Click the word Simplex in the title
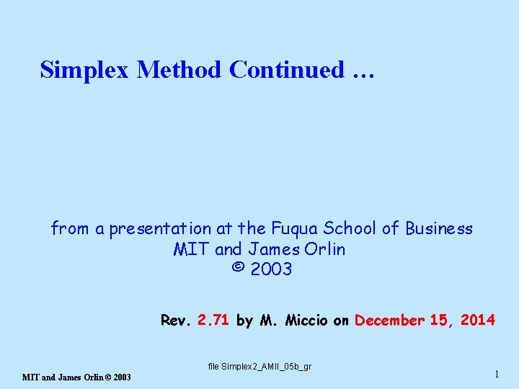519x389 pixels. pyautogui.click(x=85, y=70)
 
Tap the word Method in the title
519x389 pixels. pyautogui.click(x=179, y=70)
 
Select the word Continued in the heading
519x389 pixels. pyautogui.click(x=286, y=70)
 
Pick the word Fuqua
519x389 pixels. pyautogui.click(x=295, y=229)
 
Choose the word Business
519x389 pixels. pyautogui.click(x=438, y=229)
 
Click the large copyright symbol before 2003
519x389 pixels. pyautogui.click(x=237, y=269)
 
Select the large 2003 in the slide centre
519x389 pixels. pyautogui.click(x=271, y=269)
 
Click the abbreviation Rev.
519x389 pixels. pyautogui.click(x=175, y=321)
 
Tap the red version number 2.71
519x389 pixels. pyautogui.click(x=213, y=321)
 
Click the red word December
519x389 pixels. pyautogui.click(x=389, y=321)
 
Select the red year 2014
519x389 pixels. pyautogui.click(x=477, y=321)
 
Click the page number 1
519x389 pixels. pyautogui.click(x=497, y=373)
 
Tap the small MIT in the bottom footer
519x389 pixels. pyautogui.click(x=31, y=377)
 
